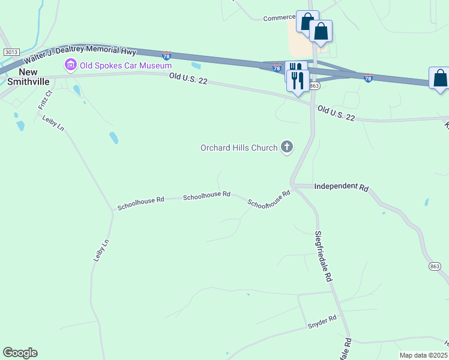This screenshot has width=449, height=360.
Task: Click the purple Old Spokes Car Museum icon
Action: coord(70,65)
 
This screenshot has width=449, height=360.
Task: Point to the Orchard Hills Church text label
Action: coord(239,148)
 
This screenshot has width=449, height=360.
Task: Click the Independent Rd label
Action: coord(341,187)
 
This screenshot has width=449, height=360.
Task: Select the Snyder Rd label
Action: coord(322,322)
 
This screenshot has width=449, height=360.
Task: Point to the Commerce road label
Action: coord(279,18)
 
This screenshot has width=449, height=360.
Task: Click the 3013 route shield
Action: coord(11,52)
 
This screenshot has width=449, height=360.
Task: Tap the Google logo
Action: coord(20,353)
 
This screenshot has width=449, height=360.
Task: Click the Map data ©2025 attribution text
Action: coord(424,355)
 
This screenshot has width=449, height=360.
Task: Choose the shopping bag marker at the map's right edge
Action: coord(440,79)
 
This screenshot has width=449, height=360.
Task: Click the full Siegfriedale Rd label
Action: coord(324,256)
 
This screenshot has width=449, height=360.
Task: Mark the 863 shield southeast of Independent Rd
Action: coord(435,266)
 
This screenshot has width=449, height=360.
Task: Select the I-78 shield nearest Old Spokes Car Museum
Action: coord(166,55)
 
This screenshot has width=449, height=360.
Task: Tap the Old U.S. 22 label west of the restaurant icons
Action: coord(188,77)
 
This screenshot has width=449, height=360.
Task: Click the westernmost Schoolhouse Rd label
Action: coord(140,203)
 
